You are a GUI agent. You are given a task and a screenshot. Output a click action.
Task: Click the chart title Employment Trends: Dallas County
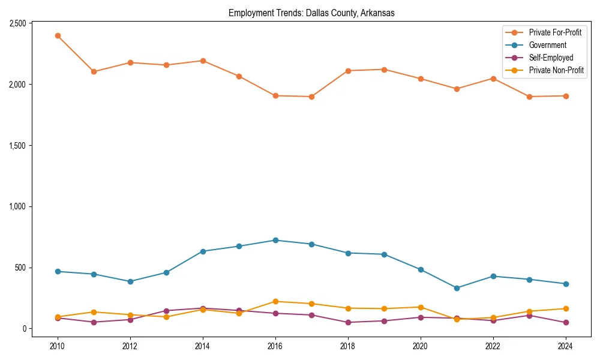311,13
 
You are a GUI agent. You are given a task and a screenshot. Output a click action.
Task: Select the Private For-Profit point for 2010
58,35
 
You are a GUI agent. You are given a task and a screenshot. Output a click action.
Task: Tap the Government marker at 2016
275,240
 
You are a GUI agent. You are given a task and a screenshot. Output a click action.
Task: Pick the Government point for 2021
457,288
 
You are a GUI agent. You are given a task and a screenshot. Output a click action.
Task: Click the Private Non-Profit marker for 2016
275,301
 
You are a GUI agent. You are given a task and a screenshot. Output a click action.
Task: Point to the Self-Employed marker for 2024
566,323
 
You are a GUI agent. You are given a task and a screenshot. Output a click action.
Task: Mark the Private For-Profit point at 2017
311,97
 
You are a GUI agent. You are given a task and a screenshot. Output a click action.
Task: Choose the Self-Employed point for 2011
94,322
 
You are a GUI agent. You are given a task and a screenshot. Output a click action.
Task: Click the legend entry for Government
547,45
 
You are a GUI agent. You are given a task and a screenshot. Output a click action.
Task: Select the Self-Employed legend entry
551,58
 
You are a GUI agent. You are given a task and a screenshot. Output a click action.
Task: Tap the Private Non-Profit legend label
556,70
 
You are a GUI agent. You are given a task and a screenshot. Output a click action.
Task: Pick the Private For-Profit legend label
555,32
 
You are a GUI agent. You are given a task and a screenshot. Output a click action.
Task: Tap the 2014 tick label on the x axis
203,346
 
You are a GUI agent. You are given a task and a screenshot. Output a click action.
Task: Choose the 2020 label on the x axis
420,346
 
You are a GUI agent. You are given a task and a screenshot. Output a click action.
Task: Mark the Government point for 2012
130,281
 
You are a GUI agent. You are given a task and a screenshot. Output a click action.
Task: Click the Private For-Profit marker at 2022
493,79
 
